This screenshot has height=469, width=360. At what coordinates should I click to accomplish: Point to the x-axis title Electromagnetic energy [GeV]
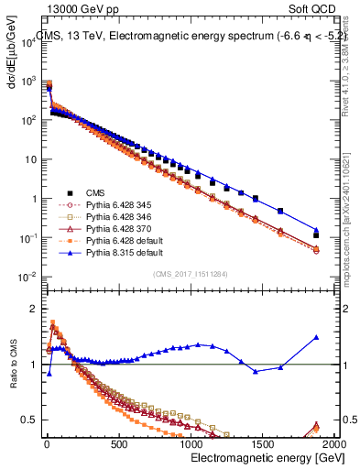(256, 458)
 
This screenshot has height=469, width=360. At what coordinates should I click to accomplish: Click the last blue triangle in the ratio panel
(316, 337)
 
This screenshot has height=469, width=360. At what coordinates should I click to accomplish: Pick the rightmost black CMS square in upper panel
(316, 235)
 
